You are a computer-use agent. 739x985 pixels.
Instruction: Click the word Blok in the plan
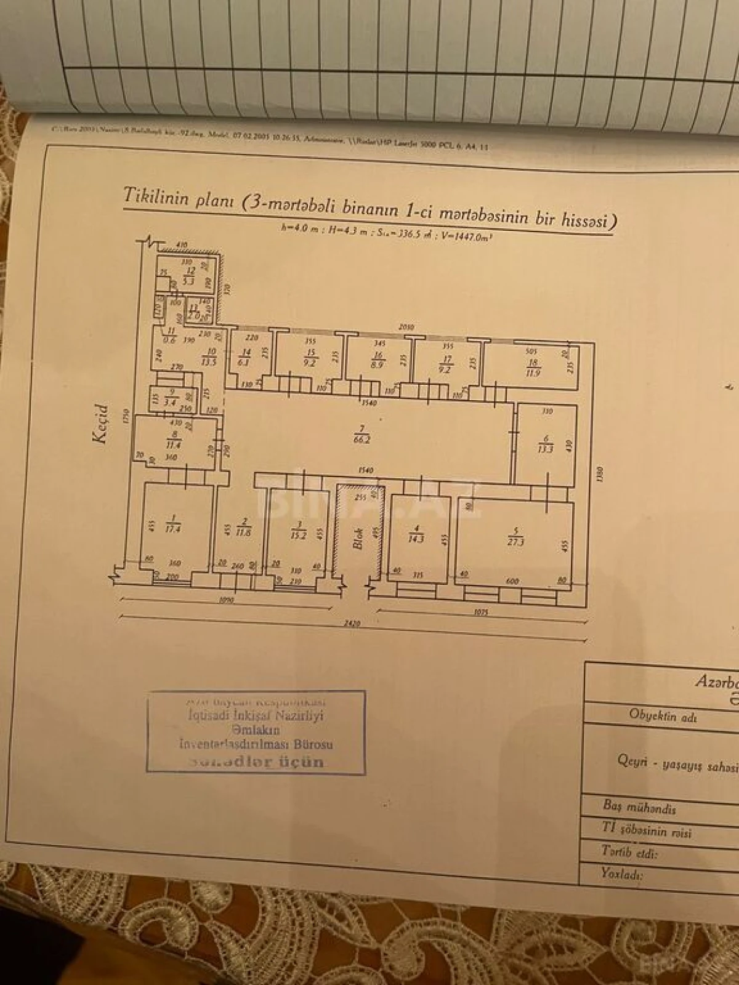pos(358,540)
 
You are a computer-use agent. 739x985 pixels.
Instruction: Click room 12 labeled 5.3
pos(190,278)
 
